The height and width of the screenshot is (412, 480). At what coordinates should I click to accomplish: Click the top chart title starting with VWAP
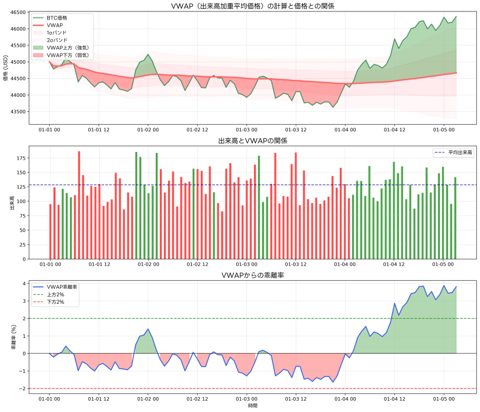pyautogui.click(x=252, y=6)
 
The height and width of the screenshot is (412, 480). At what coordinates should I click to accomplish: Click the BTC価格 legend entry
pyautogui.click(x=50, y=18)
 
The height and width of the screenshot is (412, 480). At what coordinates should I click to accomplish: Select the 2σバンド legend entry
pyautogui.click(x=50, y=40)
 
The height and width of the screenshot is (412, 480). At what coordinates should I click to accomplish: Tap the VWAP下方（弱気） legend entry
pyautogui.click(x=61, y=55)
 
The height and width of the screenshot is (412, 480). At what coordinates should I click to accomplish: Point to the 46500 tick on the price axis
pyautogui.click(x=19, y=12)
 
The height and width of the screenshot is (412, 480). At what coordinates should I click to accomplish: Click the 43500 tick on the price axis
pyautogui.click(x=19, y=112)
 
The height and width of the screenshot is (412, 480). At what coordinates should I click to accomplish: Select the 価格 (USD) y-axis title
pyautogui.click(x=6, y=68)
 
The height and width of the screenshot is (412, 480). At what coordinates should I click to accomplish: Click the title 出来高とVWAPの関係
pyautogui.click(x=252, y=141)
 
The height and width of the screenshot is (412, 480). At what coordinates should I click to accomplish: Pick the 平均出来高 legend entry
pyautogui.click(x=453, y=152)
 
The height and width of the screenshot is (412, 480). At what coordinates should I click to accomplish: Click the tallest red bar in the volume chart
pyautogui.click(x=79, y=205)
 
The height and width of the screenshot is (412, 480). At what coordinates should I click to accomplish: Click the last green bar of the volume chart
pyautogui.click(x=455, y=218)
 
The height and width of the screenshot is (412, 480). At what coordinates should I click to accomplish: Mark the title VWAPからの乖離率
pyautogui.click(x=252, y=275)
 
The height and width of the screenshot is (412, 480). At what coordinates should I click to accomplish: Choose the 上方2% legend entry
pyautogui.click(x=49, y=295)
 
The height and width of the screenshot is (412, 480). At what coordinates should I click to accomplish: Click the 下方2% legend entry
pyautogui.click(x=49, y=302)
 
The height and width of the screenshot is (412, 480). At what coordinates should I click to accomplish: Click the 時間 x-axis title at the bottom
pyautogui.click(x=252, y=405)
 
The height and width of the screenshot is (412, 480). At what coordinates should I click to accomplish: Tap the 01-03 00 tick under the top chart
pyautogui.click(x=247, y=130)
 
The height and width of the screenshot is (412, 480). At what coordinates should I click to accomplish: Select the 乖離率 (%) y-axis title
pyautogui.click(x=14, y=337)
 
